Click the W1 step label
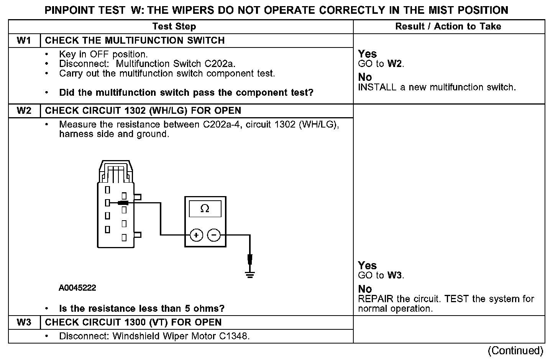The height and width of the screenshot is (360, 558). [24, 41]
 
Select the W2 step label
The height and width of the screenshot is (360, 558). [24, 111]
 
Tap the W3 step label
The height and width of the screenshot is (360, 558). [24, 322]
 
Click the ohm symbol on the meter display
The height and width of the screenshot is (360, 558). [205, 209]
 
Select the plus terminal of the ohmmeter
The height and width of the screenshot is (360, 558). [196, 235]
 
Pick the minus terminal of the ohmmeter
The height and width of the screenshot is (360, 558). [214, 235]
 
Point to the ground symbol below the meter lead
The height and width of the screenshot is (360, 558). [250, 274]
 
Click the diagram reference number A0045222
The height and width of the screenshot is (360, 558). [77, 288]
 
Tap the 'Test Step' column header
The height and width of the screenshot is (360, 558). [174, 26]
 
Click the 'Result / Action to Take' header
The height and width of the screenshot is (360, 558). [448, 26]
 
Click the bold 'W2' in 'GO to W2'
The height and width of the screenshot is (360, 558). [395, 64]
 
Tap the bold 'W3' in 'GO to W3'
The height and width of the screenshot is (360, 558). [395, 275]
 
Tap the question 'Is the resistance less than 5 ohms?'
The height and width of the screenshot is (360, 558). [142, 308]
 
